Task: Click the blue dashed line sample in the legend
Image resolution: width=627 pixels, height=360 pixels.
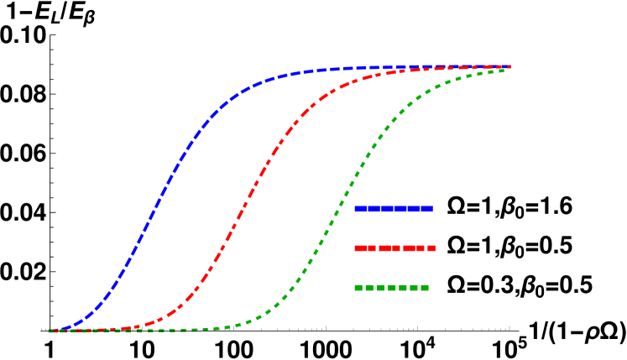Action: click(x=393, y=209)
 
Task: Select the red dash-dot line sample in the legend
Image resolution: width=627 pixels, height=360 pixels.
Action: click(x=394, y=248)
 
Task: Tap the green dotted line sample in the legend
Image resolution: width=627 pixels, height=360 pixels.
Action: click(x=391, y=288)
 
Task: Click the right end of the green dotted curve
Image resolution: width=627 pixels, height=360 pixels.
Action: click(x=503, y=70)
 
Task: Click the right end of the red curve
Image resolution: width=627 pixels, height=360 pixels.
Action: click(x=509, y=66)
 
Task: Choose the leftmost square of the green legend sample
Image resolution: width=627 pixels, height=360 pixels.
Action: click(x=358, y=288)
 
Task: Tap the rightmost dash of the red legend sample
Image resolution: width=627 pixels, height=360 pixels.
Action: click(x=431, y=248)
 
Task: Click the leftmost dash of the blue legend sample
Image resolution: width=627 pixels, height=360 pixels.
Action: click(x=359, y=209)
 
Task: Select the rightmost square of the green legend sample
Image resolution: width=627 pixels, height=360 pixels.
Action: click(x=425, y=288)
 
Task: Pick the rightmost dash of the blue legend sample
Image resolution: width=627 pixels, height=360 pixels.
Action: click(x=426, y=209)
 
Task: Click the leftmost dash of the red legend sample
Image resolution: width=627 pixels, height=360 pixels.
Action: click(x=360, y=248)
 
